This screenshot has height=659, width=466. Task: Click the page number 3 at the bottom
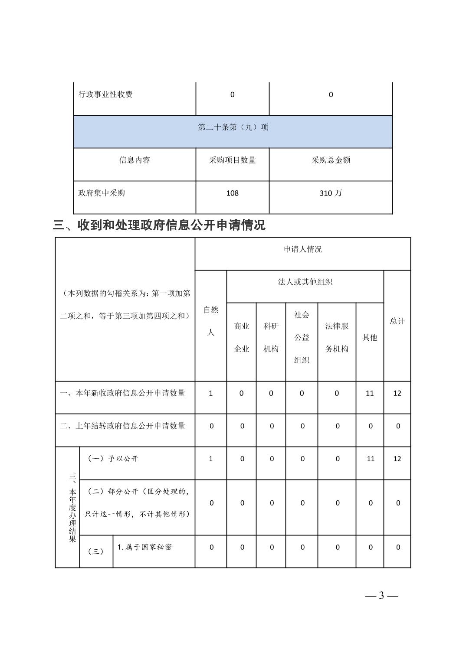[x=381, y=595]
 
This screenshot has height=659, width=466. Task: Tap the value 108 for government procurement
[x=233, y=193]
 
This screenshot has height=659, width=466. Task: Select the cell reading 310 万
[x=331, y=193]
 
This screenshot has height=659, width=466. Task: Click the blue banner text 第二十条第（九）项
[x=233, y=127]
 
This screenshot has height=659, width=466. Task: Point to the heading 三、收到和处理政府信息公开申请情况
[x=159, y=225]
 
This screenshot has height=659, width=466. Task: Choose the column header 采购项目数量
[x=233, y=160]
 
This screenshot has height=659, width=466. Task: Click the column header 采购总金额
[x=331, y=160]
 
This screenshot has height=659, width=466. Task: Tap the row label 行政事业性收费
[x=105, y=95]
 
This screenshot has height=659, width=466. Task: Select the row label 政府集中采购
[x=102, y=193]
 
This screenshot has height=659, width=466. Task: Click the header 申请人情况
[x=303, y=249]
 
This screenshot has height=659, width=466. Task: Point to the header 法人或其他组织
[x=305, y=282]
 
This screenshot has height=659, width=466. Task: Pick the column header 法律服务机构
[x=337, y=337]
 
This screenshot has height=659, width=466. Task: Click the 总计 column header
[x=397, y=321]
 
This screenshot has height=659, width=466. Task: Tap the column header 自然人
[x=211, y=321]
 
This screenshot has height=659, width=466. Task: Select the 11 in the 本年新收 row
[x=370, y=393]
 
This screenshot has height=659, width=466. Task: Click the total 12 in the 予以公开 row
[x=397, y=459]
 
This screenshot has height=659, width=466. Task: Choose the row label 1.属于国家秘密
[x=144, y=547]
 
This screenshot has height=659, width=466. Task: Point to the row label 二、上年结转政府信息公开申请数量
[x=122, y=426]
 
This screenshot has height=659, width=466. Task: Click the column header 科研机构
[x=271, y=337]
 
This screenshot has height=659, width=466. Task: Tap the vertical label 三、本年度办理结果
[x=72, y=507]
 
